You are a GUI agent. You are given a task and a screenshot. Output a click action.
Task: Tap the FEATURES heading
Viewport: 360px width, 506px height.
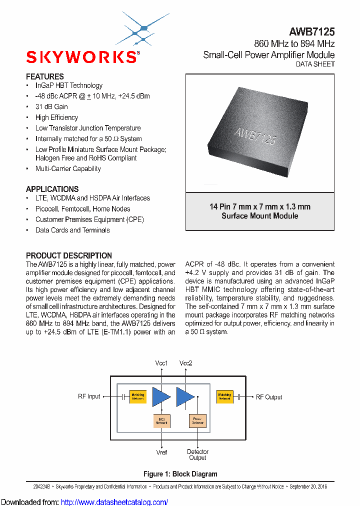pyautogui.click(x=45, y=76)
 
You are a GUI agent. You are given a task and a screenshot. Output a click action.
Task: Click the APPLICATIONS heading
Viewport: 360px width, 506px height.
pyautogui.click(x=52, y=189)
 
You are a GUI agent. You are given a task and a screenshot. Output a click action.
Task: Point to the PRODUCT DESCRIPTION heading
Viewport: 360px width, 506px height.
pyautogui.click(x=69, y=255)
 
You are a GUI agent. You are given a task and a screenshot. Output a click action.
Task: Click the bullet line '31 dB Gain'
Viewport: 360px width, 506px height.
pyautogui.click(x=51, y=106)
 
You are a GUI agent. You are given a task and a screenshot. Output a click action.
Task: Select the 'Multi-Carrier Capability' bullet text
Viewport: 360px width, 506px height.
pyautogui.click(x=68, y=168)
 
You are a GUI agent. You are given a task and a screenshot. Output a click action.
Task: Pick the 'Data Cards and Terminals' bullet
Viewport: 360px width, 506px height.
pyautogui.click(x=72, y=230)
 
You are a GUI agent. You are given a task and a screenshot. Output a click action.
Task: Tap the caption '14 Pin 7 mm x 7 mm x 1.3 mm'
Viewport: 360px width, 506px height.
pyautogui.click(x=260, y=206)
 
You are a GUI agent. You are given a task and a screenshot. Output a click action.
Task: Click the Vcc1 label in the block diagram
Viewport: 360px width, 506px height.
pyautogui.click(x=161, y=363)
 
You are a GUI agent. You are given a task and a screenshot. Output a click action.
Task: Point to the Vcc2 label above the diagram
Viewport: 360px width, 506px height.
pyautogui.click(x=186, y=363)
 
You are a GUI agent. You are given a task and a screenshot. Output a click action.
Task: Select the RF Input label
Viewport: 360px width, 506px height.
pyautogui.click(x=89, y=396)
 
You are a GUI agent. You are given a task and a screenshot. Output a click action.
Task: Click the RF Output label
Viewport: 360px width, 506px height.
pyautogui.click(x=269, y=397)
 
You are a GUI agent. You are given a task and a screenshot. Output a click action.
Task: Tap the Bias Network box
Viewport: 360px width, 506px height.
pyautogui.click(x=161, y=421)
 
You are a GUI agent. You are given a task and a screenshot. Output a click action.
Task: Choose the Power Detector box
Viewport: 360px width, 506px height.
pyautogui.click(x=197, y=421)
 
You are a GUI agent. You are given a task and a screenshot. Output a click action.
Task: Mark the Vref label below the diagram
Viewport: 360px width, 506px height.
pyautogui.click(x=161, y=452)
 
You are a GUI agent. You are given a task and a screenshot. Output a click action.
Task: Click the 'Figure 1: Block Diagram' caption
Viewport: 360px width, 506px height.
pyautogui.click(x=180, y=474)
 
